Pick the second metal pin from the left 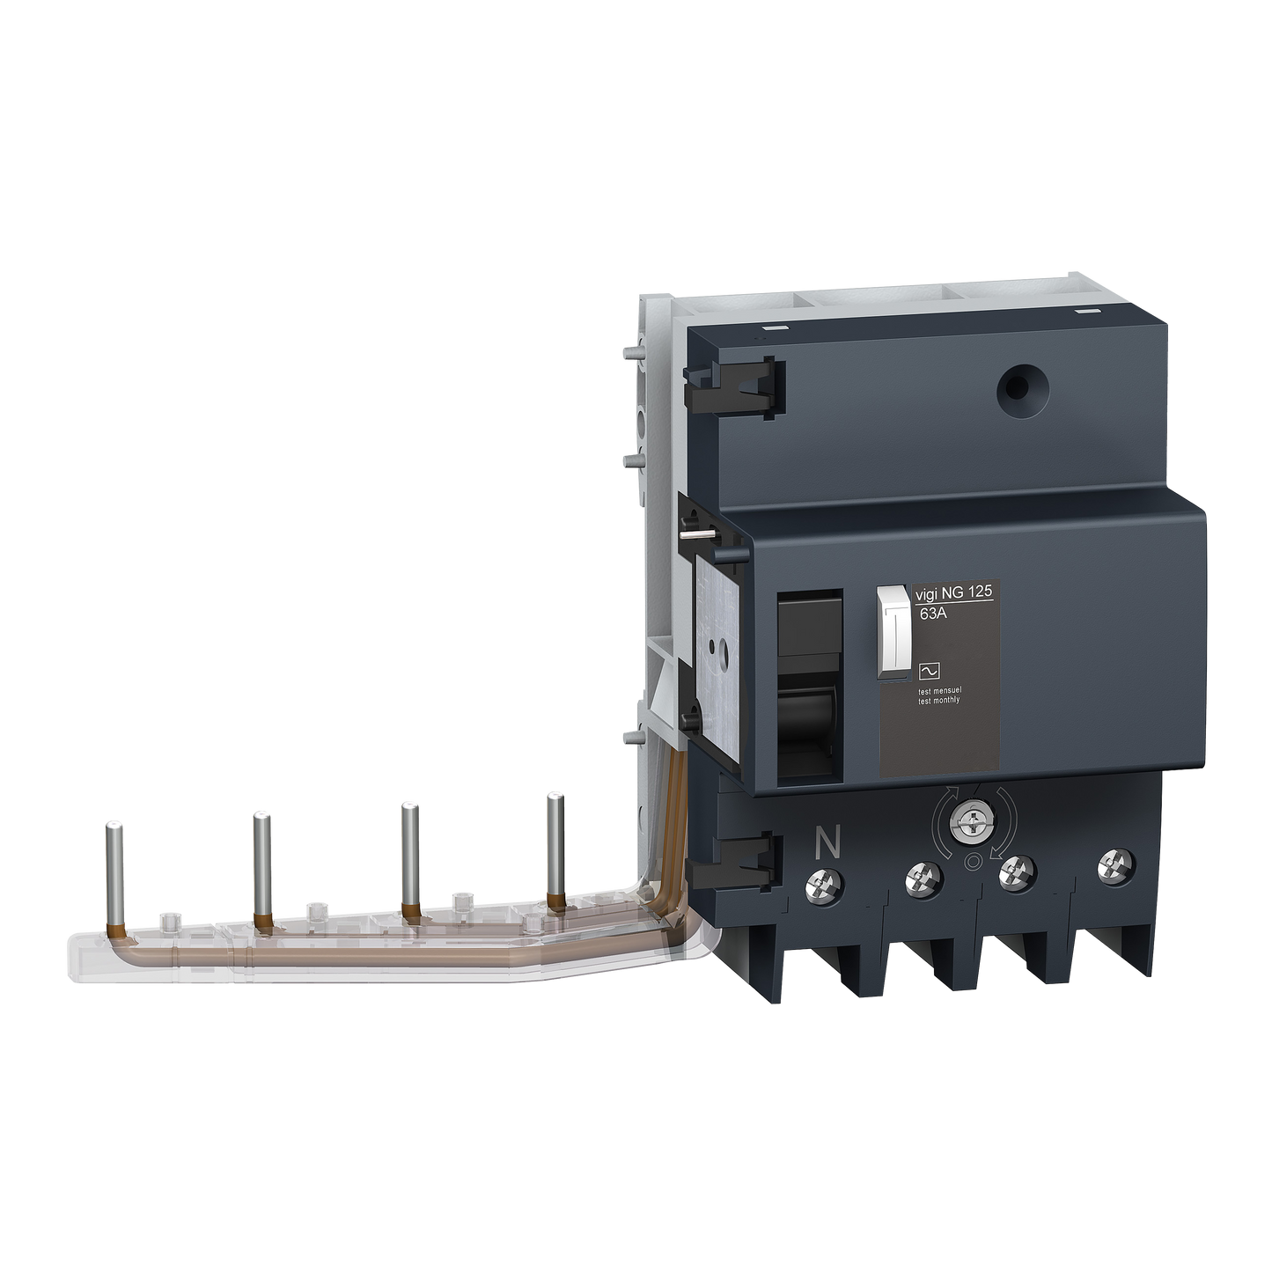[x=261, y=863]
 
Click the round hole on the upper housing [x=1011, y=386]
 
